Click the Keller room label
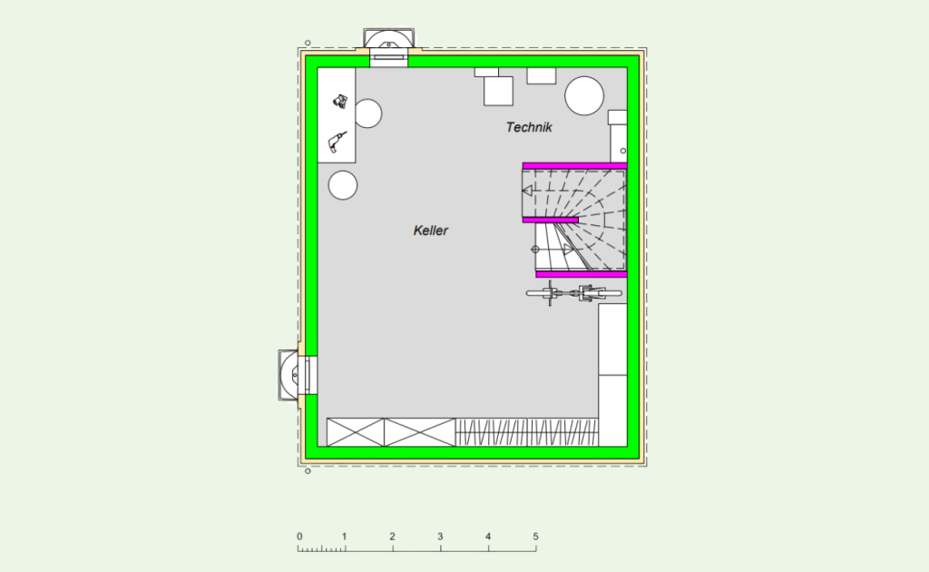click(431, 231)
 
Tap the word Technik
click(529, 127)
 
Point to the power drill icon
click(337, 143)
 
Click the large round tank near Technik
click(584, 95)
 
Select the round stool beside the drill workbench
click(367, 113)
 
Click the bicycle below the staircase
click(573, 293)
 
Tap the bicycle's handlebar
click(550, 293)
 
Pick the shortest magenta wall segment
click(551, 221)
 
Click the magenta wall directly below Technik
click(574, 166)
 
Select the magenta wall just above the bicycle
click(582, 274)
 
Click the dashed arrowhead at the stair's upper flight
click(527, 191)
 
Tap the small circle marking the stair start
click(535, 250)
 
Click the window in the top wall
click(388, 47)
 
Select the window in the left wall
click(298, 375)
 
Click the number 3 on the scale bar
click(440, 537)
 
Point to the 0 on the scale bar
click(299, 537)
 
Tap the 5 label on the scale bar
click(535, 537)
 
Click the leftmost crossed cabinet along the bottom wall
click(356, 432)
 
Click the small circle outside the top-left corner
click(308, 43)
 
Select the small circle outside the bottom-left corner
click(308, 471)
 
